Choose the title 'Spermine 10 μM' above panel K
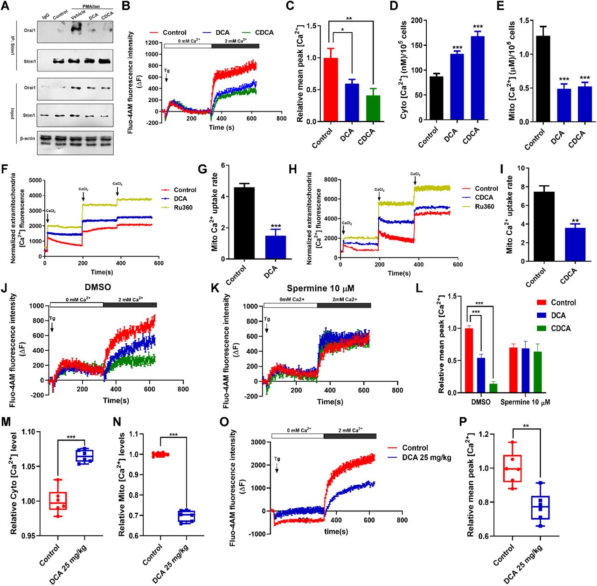tap(320, 288)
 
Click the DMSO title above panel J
tap(98, 287)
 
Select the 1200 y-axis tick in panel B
tap(152, 42)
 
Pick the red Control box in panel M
tap(58, 501)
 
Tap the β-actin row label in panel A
tap(27, 138)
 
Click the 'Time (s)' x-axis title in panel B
tap(222, 127)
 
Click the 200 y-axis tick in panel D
tap(417, 21)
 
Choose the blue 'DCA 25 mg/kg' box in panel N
tap(187, 517)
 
